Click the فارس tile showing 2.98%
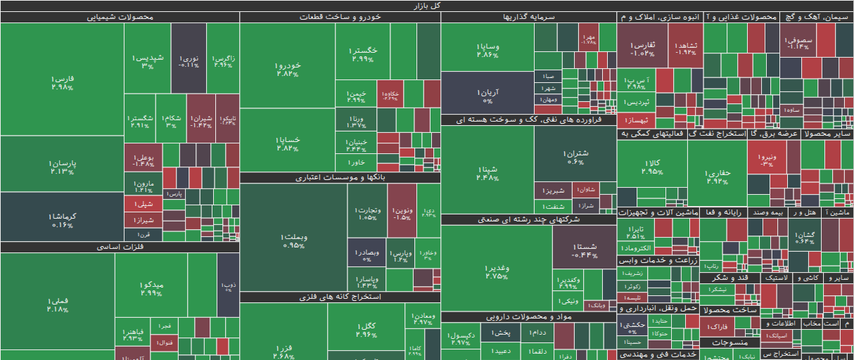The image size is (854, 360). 62,83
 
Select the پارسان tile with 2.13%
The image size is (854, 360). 62,167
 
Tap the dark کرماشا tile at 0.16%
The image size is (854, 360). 62,219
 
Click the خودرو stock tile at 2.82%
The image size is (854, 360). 288,68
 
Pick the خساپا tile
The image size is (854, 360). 288,143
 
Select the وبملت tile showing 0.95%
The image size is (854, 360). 293,240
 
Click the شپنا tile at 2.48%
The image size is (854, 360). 487,172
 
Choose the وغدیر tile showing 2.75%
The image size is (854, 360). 496,271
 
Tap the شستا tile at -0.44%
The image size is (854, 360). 585,250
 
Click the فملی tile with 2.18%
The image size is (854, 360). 57,304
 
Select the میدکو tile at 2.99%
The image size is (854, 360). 151,288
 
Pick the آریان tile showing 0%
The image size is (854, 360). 487,95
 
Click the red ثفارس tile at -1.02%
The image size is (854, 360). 642,48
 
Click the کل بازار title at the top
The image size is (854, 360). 427,6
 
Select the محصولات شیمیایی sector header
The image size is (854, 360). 120,17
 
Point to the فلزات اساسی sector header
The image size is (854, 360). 120,247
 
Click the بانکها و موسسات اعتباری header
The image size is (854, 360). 340,178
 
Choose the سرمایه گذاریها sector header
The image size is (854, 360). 528,17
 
